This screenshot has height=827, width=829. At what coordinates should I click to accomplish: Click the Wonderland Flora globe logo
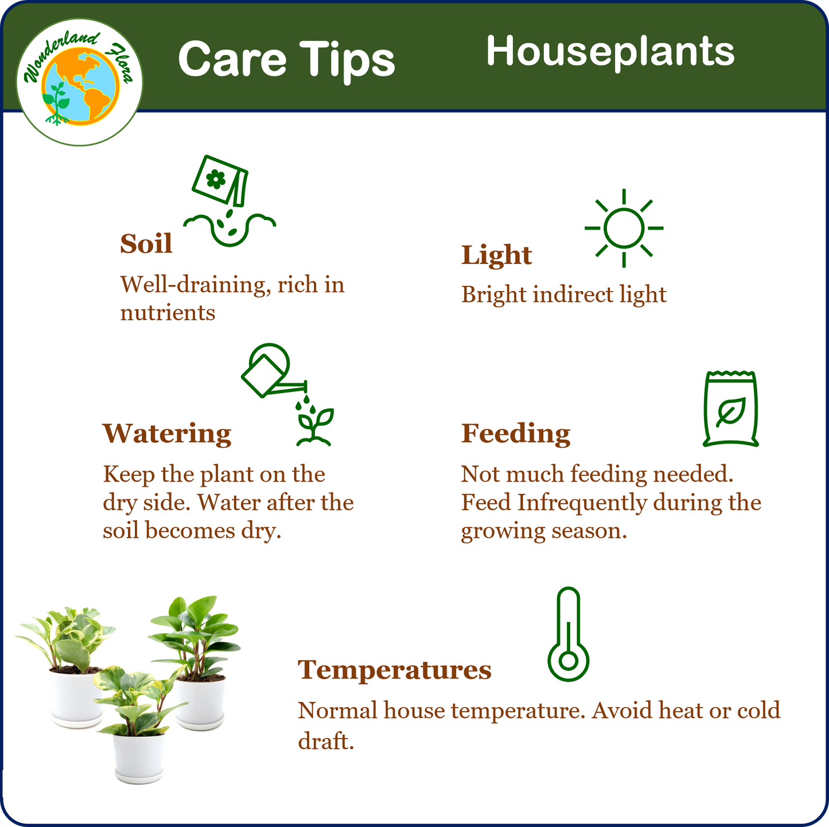tap(80, 82)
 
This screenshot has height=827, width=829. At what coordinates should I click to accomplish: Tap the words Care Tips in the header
tap(286, 60)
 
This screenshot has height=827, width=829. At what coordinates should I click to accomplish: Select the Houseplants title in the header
tap(610, 52)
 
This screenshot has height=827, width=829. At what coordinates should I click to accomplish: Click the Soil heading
tap(146, 243)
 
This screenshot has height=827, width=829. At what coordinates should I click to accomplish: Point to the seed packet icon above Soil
tap(220, 180)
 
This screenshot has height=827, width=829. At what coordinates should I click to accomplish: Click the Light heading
tap(496, 255)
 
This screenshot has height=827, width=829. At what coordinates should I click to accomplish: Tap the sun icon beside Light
tap(624, 228)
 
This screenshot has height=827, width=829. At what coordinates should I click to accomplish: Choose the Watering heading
tap(167, 434)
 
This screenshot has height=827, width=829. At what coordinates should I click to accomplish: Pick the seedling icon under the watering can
tap(314, 426)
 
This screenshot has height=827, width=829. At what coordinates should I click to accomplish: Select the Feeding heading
tap(516, 433)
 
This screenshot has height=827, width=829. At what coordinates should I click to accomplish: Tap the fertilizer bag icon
tap(730, 409)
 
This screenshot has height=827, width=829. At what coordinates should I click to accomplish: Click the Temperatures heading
tap(395, 670)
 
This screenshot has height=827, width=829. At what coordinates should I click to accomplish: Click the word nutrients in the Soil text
tap(168, 313)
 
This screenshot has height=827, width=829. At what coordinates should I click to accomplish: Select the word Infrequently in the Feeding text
tap(582, 503)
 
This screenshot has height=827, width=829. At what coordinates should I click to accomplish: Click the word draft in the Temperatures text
tap(326, 741)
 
